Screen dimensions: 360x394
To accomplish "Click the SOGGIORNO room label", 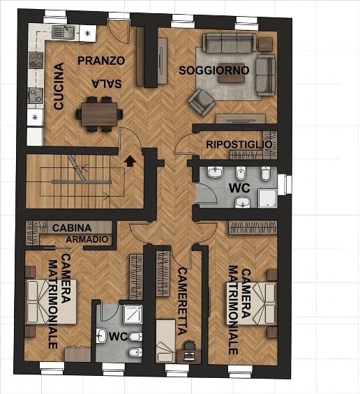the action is (x=214, y=70).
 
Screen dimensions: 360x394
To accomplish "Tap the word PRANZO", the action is (x=101, y=61).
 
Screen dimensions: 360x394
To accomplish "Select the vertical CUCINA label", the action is (x=59, y=86).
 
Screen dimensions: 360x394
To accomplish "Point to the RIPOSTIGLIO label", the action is (x=239, y=144).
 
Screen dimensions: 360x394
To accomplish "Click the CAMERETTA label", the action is (x=183, y=301).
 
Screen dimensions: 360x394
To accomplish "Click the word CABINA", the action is (x=72, y=228).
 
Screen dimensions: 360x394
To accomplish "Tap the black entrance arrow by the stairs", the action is (x=130, y=161).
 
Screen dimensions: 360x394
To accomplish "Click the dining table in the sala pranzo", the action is (x=99, y=114).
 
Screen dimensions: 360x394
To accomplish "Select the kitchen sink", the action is (x=63, y=32).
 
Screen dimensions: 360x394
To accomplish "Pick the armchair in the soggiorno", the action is (x=201, y=102).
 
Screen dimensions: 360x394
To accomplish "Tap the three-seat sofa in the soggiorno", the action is (x=230, y=43).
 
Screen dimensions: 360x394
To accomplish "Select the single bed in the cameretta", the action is (x=165, y=341).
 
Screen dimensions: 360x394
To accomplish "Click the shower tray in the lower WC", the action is (x=133, y=315).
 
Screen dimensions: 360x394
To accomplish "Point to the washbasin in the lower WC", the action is (x=102, y=335).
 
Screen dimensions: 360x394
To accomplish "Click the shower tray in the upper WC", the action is (x=267, y=199).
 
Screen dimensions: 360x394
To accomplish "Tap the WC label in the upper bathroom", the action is (x=239, y=188).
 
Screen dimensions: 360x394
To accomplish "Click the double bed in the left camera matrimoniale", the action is (x=52, y=301).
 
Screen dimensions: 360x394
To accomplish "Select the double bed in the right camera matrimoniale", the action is (x=251, y=303).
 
